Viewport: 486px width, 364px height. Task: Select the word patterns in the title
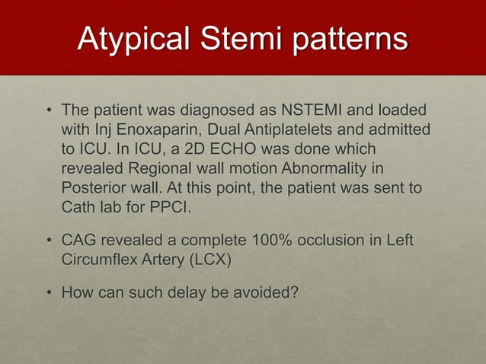click(x=348, y=40)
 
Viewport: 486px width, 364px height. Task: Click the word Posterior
click(x=92, y=187)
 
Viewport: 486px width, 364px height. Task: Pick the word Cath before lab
click(x=78, y=207)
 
